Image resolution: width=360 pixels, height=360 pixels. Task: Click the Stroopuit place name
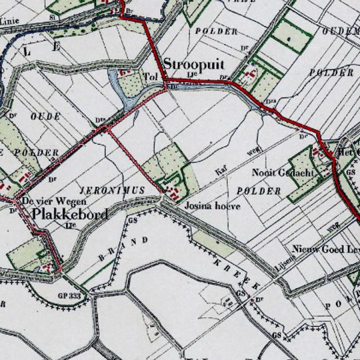pyautogui.click(x=193, y=65)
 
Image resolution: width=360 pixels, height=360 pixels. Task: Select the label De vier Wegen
pyautogui.click(x=54, y=201)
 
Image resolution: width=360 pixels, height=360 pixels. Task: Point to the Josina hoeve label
pyautogui.click(x=212, y=206)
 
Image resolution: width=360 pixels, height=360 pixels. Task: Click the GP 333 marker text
pyautogui.click(x=69, y=294)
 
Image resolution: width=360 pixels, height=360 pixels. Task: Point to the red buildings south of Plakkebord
pyautogui.click(x=47, y=266)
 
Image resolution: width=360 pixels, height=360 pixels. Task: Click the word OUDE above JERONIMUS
pyautogui.click(x=46, y=116)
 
